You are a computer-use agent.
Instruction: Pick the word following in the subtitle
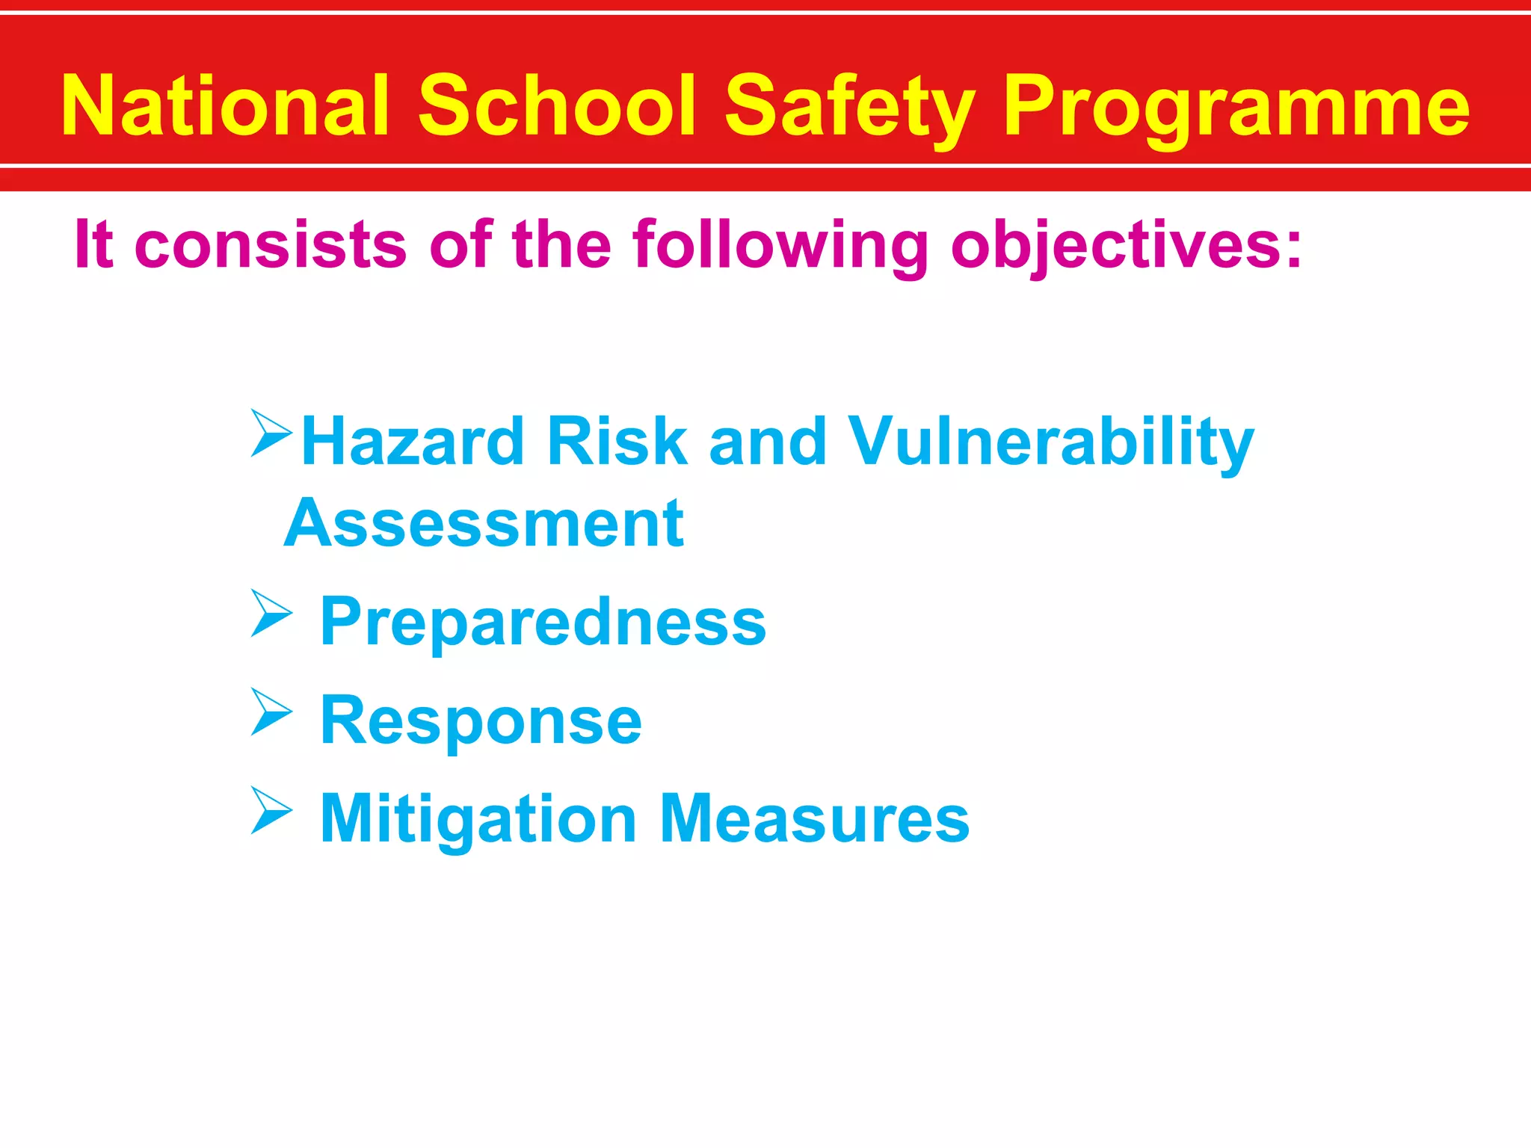(780, 244)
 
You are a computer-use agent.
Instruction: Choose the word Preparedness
(543, 622)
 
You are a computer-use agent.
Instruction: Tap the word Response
(481, 720)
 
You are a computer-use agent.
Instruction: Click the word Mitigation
(478, 820)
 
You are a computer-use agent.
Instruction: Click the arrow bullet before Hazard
(270, 433)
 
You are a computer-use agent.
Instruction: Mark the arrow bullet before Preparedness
(270, 613)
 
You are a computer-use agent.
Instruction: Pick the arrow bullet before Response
(270, 712)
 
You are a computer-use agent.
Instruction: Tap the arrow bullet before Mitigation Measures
(270, 810)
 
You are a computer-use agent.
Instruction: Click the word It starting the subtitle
(94, 244)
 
